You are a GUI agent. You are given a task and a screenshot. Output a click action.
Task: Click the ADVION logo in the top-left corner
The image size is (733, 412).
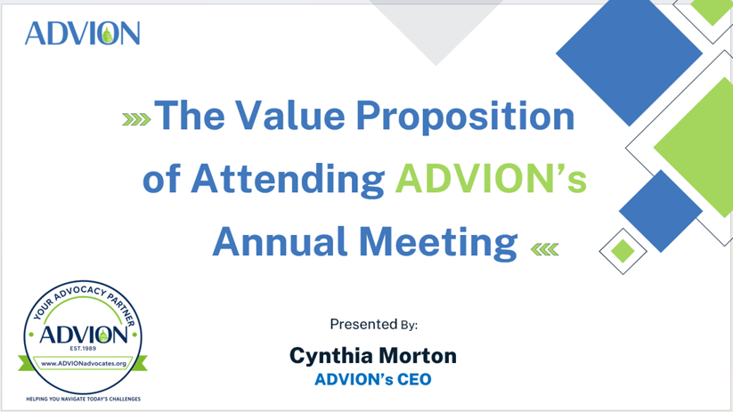click(x=82, y=33)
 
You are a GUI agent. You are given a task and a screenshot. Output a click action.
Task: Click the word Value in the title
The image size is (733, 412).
click(x=289, y=115)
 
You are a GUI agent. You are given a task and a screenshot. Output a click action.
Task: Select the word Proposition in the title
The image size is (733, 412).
click(x=465, y=117)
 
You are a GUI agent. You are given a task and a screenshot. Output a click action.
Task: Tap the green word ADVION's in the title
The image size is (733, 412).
click(x=491, y=178)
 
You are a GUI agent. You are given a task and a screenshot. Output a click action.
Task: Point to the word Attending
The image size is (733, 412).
click(x=288, y=180)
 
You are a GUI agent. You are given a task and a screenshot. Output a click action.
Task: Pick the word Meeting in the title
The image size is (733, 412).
click(x=438, y=243)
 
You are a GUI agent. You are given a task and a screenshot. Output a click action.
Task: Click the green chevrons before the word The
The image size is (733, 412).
click(x=136, y=119)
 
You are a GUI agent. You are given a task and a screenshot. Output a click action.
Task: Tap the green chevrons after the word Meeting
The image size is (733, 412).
click(x=545, y=249)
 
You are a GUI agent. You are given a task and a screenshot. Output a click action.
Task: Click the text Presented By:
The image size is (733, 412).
click(x=373, y=324)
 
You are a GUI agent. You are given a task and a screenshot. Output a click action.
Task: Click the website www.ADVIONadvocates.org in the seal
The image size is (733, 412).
click(x=84, y=363)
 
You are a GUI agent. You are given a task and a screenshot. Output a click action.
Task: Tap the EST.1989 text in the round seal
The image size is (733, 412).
click(x=83, y=349)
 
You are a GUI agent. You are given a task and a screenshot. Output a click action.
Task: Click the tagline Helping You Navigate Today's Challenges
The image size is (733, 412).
click(x=83, y=399)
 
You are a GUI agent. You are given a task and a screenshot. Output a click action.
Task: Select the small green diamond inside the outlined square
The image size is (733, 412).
click(x=623, y=251)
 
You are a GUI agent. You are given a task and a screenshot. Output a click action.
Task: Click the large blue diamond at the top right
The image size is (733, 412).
click(x=629, y=53)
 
